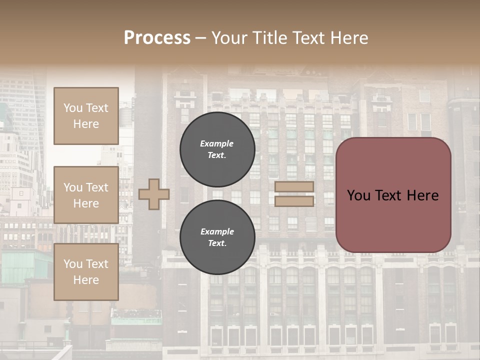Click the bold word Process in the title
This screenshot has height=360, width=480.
click(x=157, y=38)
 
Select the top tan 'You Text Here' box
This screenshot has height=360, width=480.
click(x=86, y=116)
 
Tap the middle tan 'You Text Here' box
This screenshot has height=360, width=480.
click(x=86, y=195)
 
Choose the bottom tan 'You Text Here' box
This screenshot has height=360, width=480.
click(x=86, y=272)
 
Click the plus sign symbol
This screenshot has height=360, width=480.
click(x=154, y=194)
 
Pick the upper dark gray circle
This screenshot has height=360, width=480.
click(x=217, y=149)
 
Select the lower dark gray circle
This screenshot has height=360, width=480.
click(x=217, y=237)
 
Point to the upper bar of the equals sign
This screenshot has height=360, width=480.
click(x=294, y=186)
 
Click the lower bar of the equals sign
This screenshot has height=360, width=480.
click(x=294, y=201)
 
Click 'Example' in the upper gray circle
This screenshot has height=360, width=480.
click(x=217, y=143)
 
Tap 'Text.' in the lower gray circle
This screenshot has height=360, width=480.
click(x=217, y=243)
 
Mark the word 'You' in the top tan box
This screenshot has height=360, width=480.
click(x=73, y=108)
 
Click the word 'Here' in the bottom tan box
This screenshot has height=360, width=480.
click(x=86, y=280)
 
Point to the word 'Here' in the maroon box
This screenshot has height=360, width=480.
click(x=423, y=195)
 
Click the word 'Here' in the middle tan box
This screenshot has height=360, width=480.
click(x=86, y=203)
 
